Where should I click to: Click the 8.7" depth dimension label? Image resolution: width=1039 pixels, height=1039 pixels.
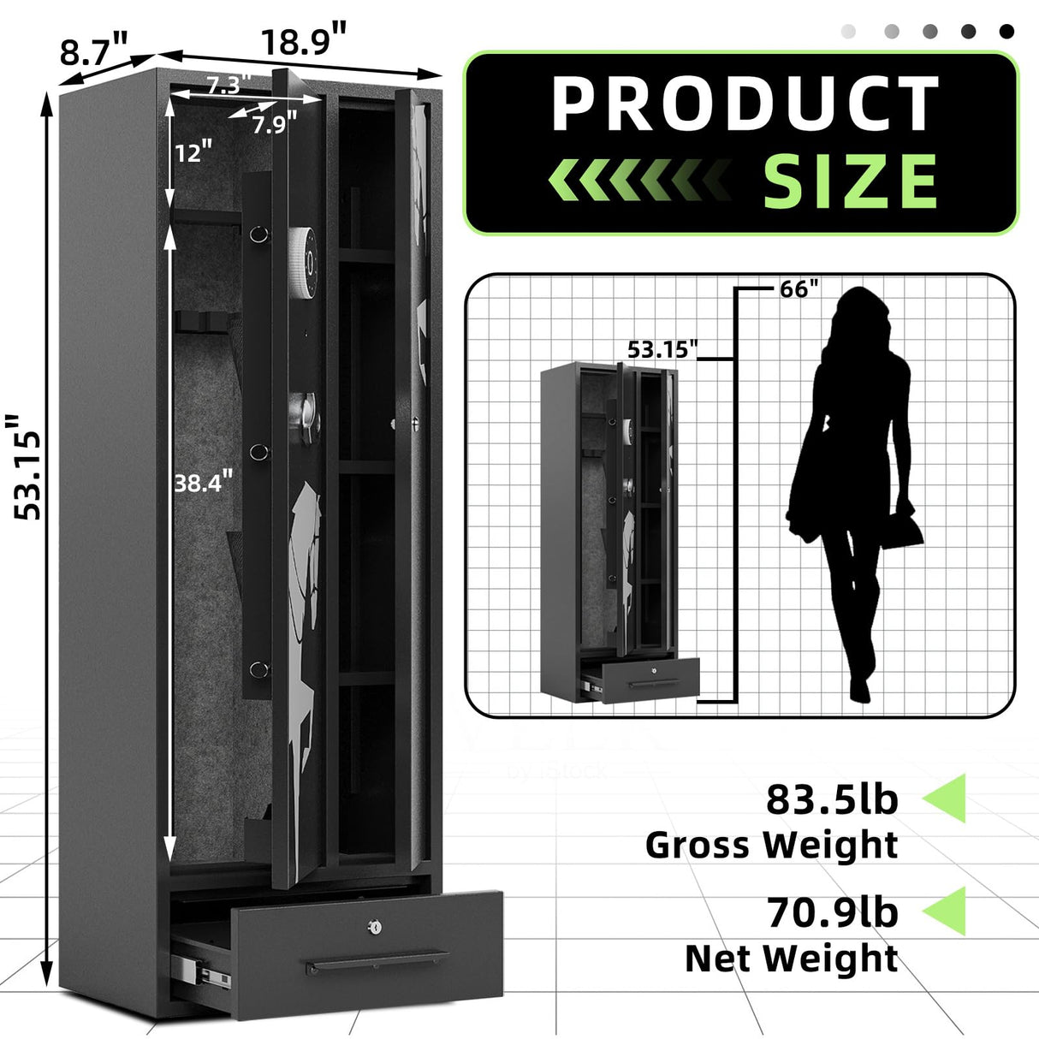click(x=94, y=50)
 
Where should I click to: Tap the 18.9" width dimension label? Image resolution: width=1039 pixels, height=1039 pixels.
click(x=304, y=40)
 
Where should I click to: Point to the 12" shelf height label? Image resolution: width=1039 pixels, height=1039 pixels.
click(x=193, y=152)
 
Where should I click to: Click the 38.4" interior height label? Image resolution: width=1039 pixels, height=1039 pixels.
click(x=203, y=484)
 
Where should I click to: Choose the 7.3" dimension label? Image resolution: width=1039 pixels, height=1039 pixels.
click(x=227, y=85)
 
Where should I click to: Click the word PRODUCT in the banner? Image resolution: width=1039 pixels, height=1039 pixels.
click(x=744, y=104)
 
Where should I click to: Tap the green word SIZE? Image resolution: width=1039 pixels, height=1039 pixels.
click(x=851, y=181)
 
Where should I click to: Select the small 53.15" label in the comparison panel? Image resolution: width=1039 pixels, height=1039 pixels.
click(x=662, y=349)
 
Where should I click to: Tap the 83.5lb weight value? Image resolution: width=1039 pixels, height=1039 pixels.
click(x=832, y=799)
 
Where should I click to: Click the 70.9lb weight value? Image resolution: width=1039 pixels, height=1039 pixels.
click(x=832, y=912)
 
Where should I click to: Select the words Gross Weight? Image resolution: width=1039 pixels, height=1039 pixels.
click(x=771, y=845)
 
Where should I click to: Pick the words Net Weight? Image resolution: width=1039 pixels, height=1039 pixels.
click(x=791, y=959)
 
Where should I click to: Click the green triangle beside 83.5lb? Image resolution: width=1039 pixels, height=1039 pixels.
click(x=945, y=798)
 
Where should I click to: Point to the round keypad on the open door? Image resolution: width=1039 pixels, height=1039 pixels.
click(x=304, y=251)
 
